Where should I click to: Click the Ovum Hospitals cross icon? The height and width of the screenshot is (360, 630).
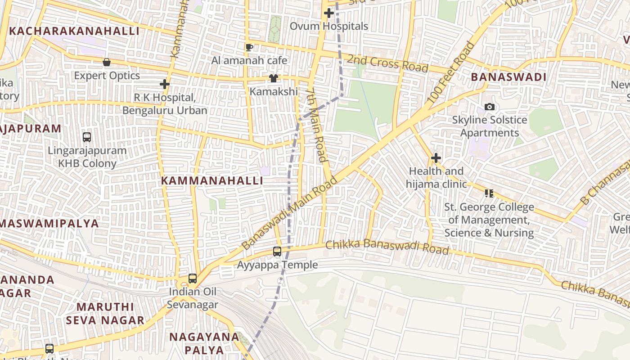coord(329,13)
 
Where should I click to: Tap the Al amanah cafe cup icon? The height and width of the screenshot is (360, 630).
coord(249,47)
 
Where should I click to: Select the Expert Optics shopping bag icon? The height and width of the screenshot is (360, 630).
coord(107,62)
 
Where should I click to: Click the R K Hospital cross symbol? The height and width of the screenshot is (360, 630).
coord(165,84)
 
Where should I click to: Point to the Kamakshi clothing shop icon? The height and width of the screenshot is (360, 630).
coord(274,78)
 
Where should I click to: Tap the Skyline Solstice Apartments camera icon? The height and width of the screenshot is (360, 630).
coord(490,107)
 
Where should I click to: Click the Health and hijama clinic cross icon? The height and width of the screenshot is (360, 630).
coord(436,158)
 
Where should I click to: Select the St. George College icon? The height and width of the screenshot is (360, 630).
coord(489,193)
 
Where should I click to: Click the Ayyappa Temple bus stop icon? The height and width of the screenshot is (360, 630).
coord(277,252)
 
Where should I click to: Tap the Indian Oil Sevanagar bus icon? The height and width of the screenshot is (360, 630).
coord(193,279)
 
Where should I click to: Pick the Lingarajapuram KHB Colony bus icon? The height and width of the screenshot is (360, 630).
coord(87,137)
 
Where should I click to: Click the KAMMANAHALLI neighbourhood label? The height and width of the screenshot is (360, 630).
coord(212,181)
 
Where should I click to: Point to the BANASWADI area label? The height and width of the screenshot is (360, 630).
coord(508,77)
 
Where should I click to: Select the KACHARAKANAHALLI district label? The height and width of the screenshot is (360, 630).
coord(74,31)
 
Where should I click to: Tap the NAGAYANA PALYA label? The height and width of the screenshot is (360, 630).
coord(204,343)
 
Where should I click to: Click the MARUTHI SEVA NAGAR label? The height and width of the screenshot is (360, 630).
coord(105,314)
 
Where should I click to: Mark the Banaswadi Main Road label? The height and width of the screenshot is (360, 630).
coord(289,214)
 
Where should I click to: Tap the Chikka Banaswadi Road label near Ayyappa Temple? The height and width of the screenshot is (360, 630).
coord(387,247)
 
